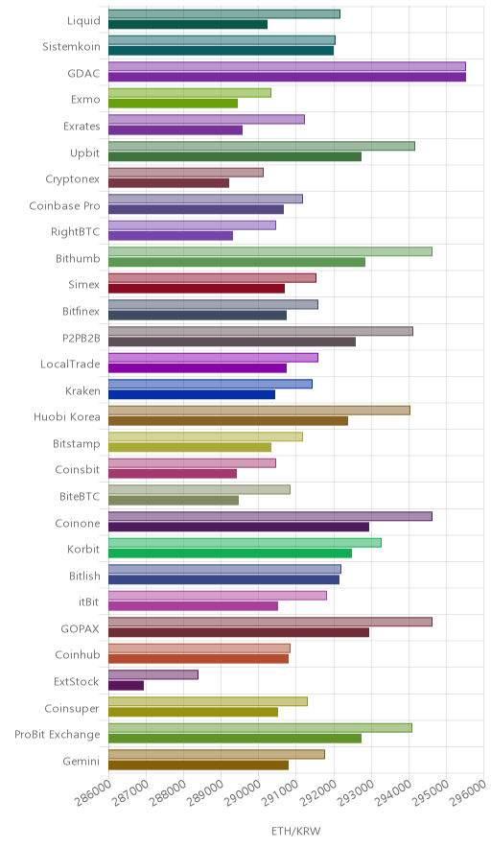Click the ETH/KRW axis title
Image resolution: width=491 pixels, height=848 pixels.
295,832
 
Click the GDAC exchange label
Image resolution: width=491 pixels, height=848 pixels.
83,73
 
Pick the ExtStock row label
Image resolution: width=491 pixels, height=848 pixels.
77,681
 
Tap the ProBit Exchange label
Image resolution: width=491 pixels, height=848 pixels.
58,735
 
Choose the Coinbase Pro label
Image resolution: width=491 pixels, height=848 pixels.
65,205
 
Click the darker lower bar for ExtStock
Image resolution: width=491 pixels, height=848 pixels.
126,685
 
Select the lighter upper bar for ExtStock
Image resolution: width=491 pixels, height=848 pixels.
153,675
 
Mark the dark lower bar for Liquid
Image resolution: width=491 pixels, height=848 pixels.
188,24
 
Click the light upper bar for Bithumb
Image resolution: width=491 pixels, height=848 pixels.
270,251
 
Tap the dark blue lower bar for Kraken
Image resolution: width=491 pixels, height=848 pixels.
192,394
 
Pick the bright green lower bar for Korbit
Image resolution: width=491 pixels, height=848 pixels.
230,554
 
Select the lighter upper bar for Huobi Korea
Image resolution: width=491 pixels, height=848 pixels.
259,410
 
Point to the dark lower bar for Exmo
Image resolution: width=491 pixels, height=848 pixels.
173,104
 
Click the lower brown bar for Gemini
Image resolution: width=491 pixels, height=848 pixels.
199,765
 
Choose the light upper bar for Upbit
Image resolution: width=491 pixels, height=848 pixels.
262,146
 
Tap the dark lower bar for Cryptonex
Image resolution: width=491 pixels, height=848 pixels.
169,183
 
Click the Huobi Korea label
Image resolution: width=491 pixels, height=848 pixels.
67,417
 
